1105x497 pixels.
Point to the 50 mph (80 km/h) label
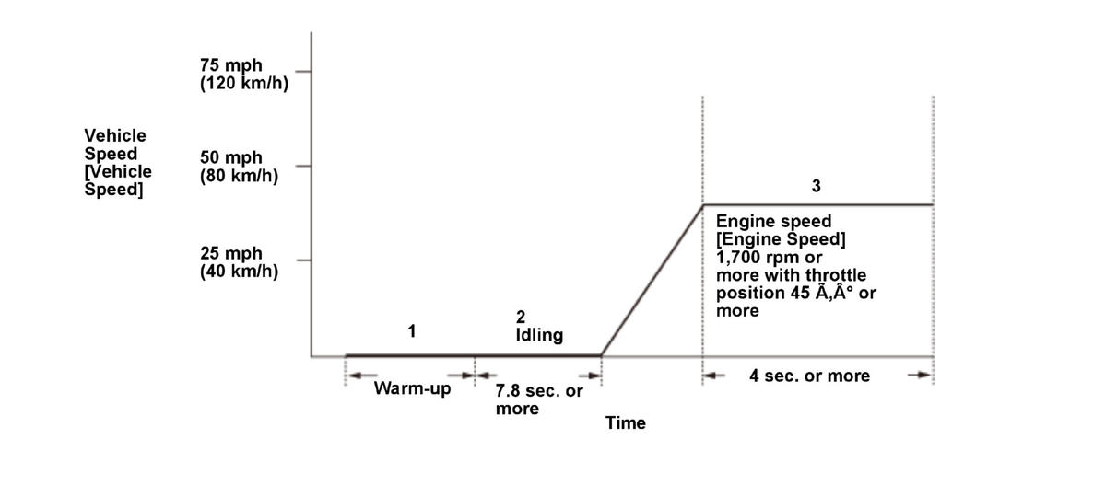239,167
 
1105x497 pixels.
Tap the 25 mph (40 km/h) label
239,262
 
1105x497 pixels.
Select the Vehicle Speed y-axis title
118,163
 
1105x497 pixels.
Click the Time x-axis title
625,423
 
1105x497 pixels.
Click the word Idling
539,335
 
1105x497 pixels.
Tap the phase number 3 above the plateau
816,186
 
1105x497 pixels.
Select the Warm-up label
412,387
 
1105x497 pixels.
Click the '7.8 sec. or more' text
539,399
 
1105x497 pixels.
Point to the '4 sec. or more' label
809,376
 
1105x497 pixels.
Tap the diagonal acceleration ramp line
652,280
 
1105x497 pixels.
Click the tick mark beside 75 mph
303,70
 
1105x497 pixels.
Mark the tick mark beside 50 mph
303,166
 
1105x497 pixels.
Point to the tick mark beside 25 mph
303,260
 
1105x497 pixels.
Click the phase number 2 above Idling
520,318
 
